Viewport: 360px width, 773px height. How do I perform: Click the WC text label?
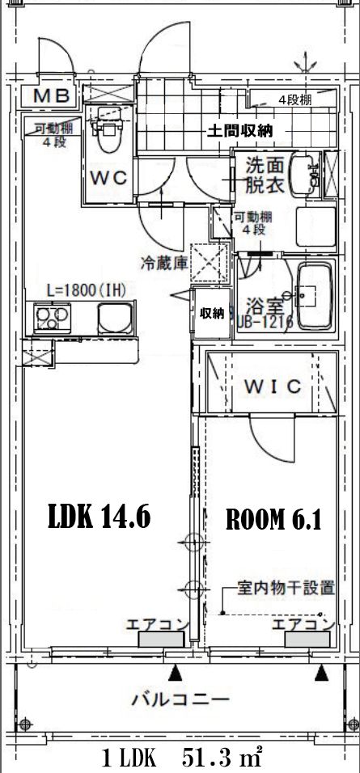pyautogui.click(x=108, y=179)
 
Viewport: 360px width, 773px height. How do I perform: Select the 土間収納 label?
pyautogui.click(x=239, y=130)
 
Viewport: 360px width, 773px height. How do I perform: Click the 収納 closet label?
pyautogui.click(x=213, y=313)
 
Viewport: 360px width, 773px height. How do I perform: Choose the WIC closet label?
pyautogui.click(x=273, y=386)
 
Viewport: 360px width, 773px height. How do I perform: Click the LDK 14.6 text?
pyautogui.click(x=100, y=517)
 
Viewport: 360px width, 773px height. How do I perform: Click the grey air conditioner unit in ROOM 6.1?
pyautogui.click(x=307, y=639)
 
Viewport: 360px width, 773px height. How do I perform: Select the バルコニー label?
pyautogui.click(x=180, y=699)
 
